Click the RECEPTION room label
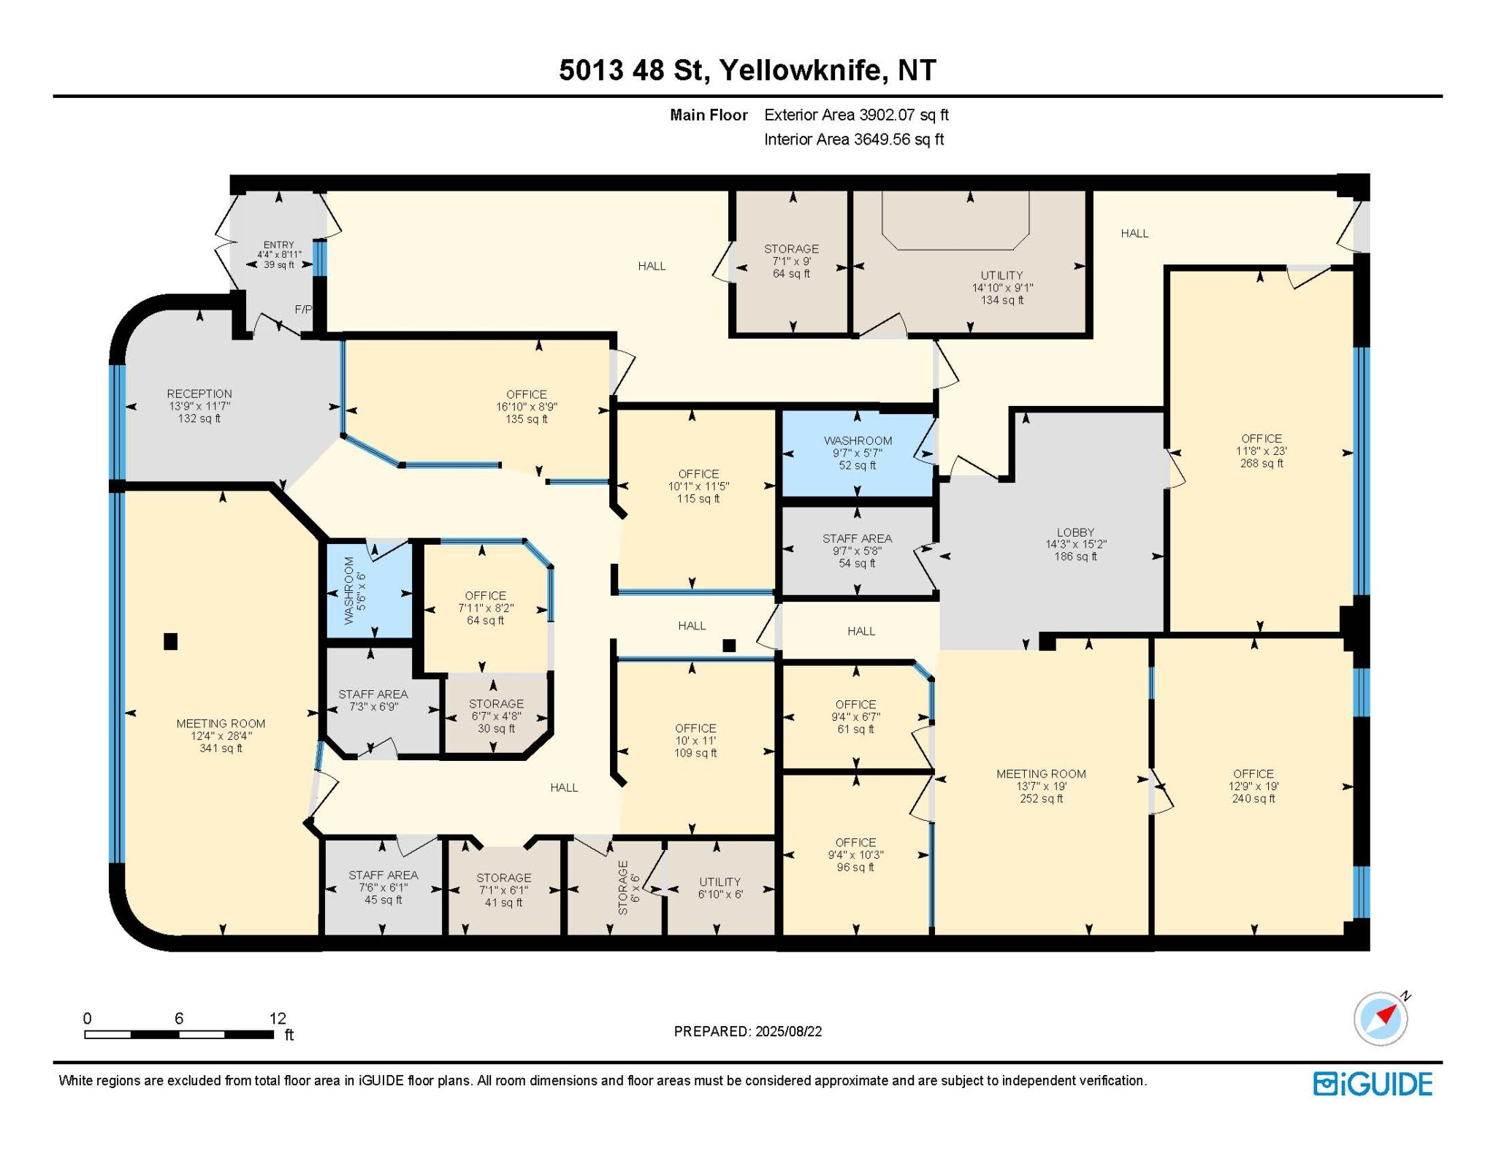tap(199, 394)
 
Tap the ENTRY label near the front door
tap(279, 245)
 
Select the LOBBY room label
tap(1075, 532)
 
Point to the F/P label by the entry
tap(303, 310)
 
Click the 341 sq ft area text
tap(221, 748)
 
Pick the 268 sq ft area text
tap(1262, 463)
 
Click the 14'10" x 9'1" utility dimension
tap(1002, 288)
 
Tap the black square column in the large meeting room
tap(170, 641)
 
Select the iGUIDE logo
tap(1373, 1084)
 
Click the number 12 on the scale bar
tap(278, 1018)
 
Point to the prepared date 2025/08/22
tap(789, 1031)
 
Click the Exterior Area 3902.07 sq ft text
tap(856, 115)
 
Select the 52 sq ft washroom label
tap(857, 465)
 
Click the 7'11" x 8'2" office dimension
tap(486, 608)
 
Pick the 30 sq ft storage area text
tap(496, 728)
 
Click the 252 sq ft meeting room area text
tap(1042, 798)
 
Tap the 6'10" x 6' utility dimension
tap(720, 894)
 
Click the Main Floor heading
tap(709, 115)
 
